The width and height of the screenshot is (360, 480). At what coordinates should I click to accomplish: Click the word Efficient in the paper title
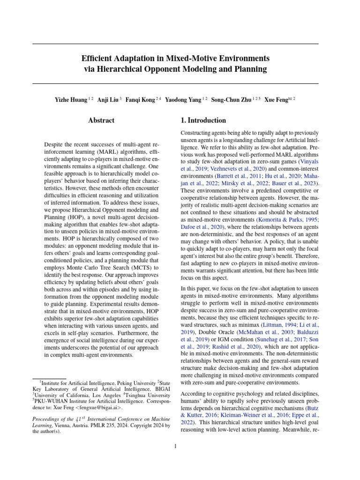pos(97,59)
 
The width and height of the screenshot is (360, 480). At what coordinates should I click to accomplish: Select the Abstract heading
pos(101,120)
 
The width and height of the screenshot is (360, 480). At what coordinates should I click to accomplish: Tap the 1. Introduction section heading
pos(200,120)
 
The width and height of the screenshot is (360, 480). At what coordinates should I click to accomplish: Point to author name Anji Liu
pos(108,100)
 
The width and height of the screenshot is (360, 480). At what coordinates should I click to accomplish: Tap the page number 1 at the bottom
pos(175,446)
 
